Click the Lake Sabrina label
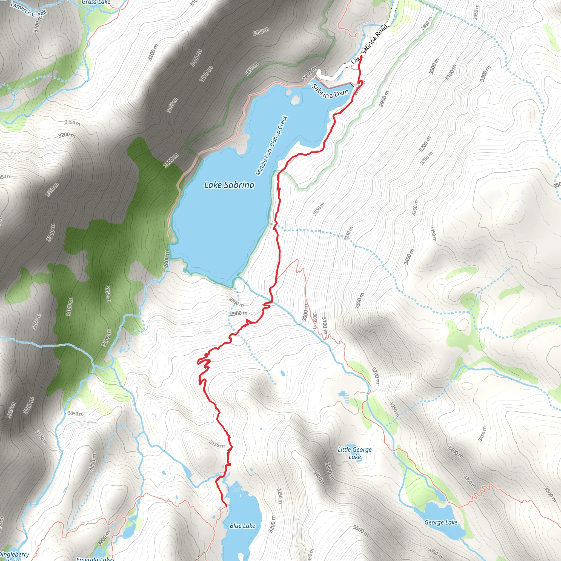229,185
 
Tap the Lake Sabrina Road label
369,44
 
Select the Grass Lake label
96,2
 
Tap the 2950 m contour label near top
261,31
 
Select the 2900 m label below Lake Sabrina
239,313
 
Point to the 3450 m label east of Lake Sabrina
433,234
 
